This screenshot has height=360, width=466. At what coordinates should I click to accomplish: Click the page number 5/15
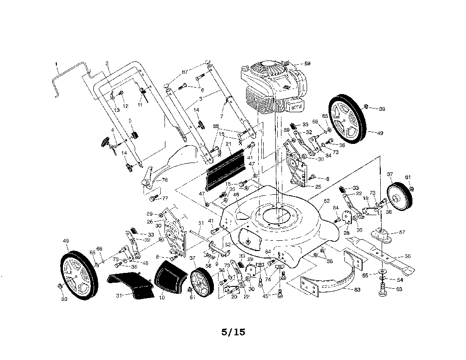233,332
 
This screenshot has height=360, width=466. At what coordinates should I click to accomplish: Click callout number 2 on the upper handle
107,63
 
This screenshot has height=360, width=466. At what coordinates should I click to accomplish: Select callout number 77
164,198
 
